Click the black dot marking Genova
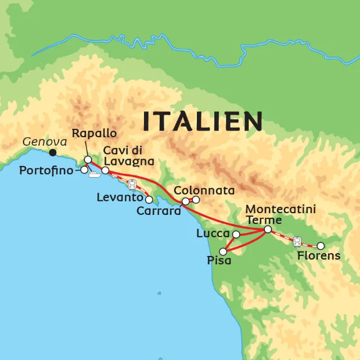pyautogui.click(x=53, y=152)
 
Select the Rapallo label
pyautogui.click(x=94, y=133)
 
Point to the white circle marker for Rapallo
pyautogui.click(x=88, y=160)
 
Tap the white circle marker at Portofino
pyautogui.click(x=84, y=169)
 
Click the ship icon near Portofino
pyautogui.click(x=94, y=174)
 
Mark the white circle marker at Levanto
pyautogui.click(x=149, y=199)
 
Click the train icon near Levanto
pyautogui.click(x=132, y=183)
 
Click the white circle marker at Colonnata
pyautogui.click(x=196, y=200)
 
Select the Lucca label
pyautogui.click(x=213, y=233)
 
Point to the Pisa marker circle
pyautogui.click(x=223, y=251)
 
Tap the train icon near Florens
pyautogui.click(x=297, y=241)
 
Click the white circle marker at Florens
pyautogui.click(x=321, y=246)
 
